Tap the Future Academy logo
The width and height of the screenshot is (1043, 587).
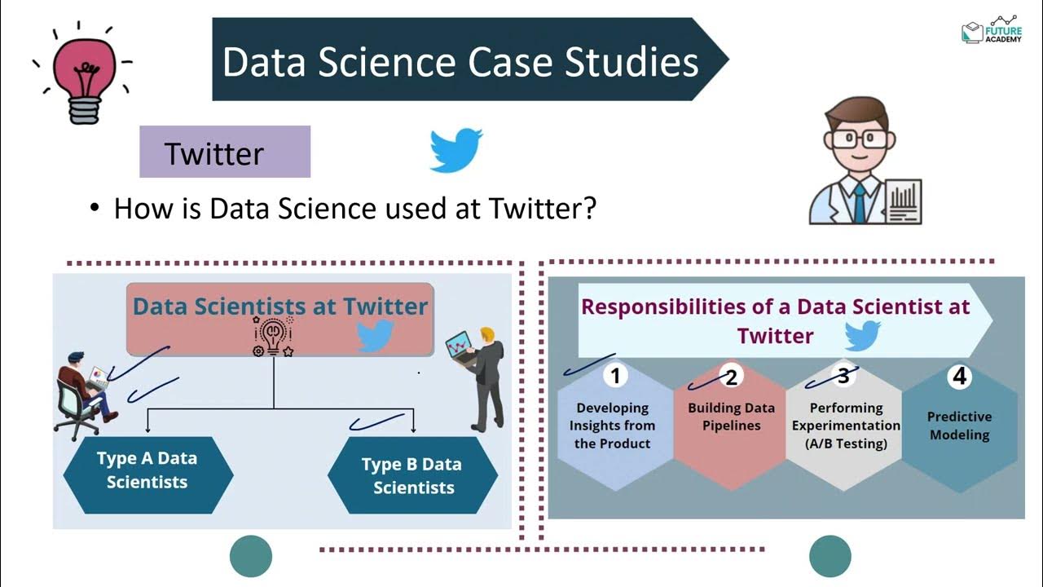pos(991,30)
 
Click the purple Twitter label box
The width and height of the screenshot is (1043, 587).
pos(225,152)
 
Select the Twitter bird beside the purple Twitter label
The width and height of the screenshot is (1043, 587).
pos(455,149)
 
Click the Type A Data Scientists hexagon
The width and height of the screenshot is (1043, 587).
pos(147,470)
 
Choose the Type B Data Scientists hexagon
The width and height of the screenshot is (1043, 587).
pos(412,475)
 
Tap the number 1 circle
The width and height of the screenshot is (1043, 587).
pos(615,375)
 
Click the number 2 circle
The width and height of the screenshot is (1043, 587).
pos(731,376)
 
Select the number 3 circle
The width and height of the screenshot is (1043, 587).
pos(843,375)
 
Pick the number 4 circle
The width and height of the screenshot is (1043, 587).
pos(959,376)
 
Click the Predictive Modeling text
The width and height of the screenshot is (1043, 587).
pos(959,426)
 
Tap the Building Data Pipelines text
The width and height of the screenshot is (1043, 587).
pos(731,416)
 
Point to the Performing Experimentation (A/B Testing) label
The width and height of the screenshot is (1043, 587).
pos(846,426)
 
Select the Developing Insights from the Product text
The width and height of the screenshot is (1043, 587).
pos(612,426)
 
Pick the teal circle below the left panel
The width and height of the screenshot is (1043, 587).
pos(250,556)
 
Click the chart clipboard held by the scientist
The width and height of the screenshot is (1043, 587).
pos(902,202)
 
